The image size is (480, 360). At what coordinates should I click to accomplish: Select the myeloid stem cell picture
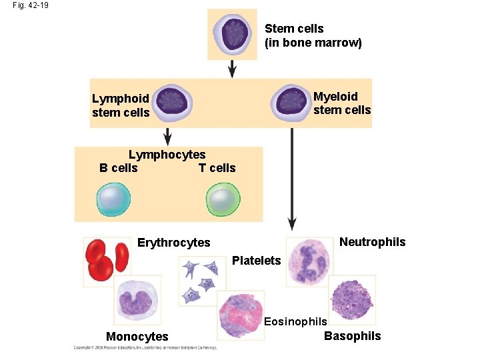(x=291, y=103)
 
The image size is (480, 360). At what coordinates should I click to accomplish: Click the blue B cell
(x=113, y=199)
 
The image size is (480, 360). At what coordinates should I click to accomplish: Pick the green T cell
(x=223, y=199)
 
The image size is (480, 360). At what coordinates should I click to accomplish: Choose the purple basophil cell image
(x=353, y=299)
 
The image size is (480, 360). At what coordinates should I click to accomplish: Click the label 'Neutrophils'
(x=372, y=242)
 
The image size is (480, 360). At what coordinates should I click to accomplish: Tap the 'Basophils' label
(x=352, y=336)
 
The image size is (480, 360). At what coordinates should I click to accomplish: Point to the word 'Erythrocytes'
(x=173, y=243)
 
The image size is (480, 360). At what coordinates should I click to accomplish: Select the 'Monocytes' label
(x=137, y=337)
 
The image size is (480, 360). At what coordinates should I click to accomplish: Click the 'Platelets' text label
(x=257, y=261)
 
